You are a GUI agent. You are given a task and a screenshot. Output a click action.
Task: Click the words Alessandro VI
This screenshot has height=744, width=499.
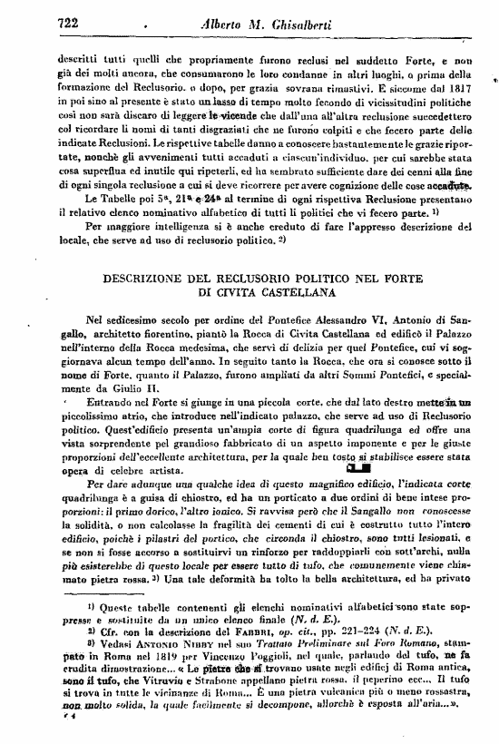point(340,319)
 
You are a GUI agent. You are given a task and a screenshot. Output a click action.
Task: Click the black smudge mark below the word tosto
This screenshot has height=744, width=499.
point(357,468)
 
